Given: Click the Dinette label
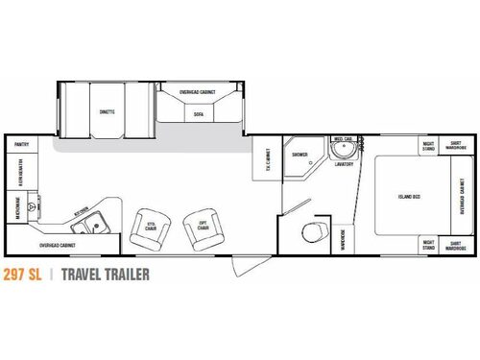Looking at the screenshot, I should (x=107, y=112).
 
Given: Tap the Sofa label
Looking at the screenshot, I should (x=198, y=112).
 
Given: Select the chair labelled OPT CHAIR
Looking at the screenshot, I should (x=203, y=228).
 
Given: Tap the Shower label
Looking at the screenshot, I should (x=300, y=153).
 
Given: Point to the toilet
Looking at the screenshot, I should (x=311, y=231).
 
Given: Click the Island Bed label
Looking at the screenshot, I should (x=408, y=198).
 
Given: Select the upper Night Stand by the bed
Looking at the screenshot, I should (x=429, y=146).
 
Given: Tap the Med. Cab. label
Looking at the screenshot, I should (x=342, y=139).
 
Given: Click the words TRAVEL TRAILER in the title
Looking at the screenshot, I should (x=106, y=276).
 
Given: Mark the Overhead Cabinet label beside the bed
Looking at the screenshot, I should (x=462, y=197).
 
